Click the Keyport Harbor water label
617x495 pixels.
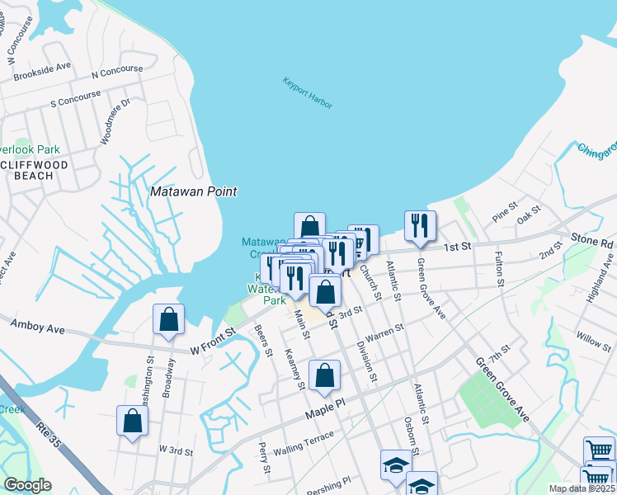[307, 88]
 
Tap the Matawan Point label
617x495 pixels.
[194, 191]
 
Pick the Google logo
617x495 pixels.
[27, 485]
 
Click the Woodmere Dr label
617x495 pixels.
[115, 123]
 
